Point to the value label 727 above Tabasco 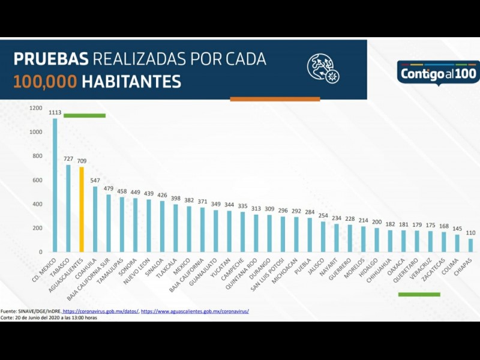69,159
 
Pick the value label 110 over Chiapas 470,233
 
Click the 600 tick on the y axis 37,180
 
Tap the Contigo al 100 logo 438,73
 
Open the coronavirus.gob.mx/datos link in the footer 101,311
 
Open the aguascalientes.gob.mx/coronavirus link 195,311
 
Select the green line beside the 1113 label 85,115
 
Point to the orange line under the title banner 275,99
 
